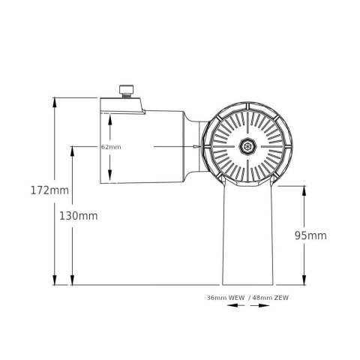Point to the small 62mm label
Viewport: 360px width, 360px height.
pos(110,147)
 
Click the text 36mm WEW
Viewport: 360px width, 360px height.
pos(226,298)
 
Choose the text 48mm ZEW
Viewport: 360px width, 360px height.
pos(271,298)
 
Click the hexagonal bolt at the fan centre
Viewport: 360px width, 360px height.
pos(245,146)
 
